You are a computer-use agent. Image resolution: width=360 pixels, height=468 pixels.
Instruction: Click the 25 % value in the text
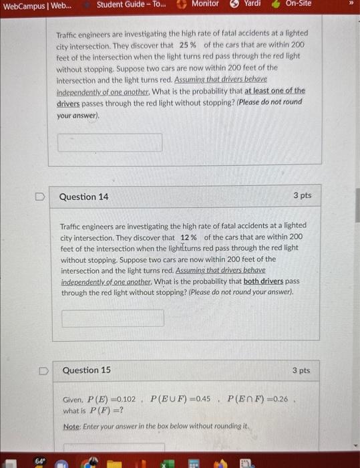click(188, 45)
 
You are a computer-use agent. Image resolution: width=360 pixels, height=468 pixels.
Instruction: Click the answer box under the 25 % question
click(110, 142)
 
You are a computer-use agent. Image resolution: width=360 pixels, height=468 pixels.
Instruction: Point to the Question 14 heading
click(83, 197)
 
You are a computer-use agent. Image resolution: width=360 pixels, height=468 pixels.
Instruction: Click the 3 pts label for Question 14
click(302, 197)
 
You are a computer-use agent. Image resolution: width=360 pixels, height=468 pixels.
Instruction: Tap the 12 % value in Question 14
click(188, 237)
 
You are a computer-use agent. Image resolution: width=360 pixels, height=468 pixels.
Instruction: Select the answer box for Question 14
click(113, 318)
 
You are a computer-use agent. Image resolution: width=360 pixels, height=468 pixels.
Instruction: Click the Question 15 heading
click(86, 370)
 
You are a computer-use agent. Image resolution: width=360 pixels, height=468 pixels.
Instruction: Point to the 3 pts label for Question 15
click(301, 370)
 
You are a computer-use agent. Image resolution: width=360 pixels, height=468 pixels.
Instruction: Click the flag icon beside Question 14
click(40, 197)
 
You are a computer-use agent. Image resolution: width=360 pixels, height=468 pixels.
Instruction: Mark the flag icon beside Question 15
click(42, 370)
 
